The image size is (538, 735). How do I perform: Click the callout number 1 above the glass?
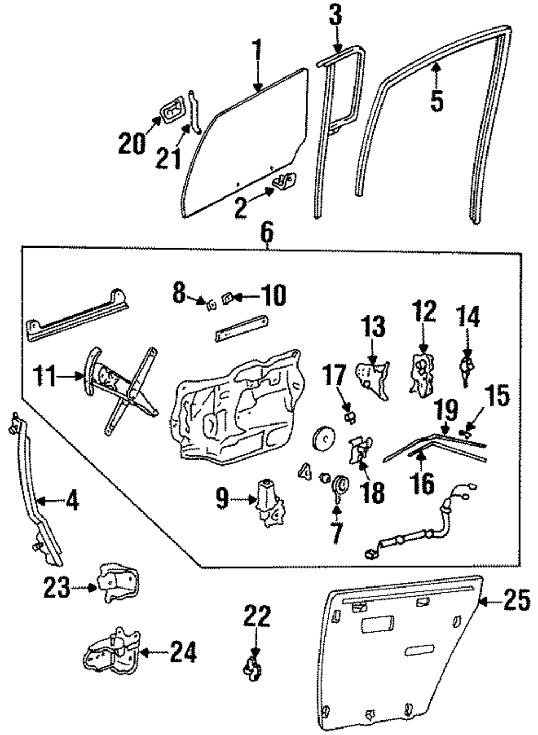pyautogui.click(x=258, y=49)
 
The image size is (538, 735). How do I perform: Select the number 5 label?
pyautogui.click(x=437, y=101)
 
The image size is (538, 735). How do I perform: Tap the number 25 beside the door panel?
pyautogui.click(x=517, y=600)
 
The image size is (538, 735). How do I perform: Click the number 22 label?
pyautogui.click(x=257, y=616)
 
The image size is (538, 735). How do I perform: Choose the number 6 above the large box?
pyautogui.click(x=267, y=234)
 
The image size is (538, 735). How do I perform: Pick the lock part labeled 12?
pyautogui.click(x=422, y=372)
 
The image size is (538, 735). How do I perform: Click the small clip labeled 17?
pyautogui.click(x=350, y=417)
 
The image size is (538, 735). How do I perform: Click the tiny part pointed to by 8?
pyautogui.click(x=211, y=306)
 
